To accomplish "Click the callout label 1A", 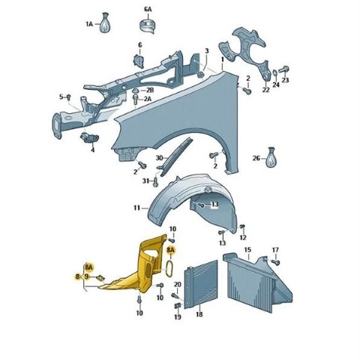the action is pyautogui.click(x=89, y=24).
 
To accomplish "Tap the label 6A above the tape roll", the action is pyautogui.click(x=148, y=10).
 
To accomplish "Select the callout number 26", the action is pyautogui.click(x=256, y=158).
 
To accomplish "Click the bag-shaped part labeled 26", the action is pyautogui.click(x=271, y=157).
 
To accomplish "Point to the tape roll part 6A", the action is pyautogui.click(x=147, y=25).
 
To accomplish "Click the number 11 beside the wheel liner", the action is pyautogui.click(x=136, y=208).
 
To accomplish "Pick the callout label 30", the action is pyautogui.click(x=159, y=158).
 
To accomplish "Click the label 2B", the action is pyautogui.click(x=150, y=90).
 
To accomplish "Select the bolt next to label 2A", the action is pyautogui.click(x=136, y=98).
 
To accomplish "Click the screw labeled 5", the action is pyautogui.click(x=69, y=97).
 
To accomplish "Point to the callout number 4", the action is pyautogui.click(x=93, y=150).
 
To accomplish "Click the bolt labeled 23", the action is pyautogui.click(x=283, y=69).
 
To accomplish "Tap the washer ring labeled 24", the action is pyautogui.click(x=274, y=73).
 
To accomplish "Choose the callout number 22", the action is pyautogui.click(x=265, y=89).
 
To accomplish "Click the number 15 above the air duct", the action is pyautogui.click(x=247, y=250).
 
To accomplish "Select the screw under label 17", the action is pyautogui.click(x=276, y=262).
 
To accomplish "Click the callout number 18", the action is pyautogui.click(x=199, y=314).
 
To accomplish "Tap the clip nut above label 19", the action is pyautogui.click(x=178, y=306).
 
